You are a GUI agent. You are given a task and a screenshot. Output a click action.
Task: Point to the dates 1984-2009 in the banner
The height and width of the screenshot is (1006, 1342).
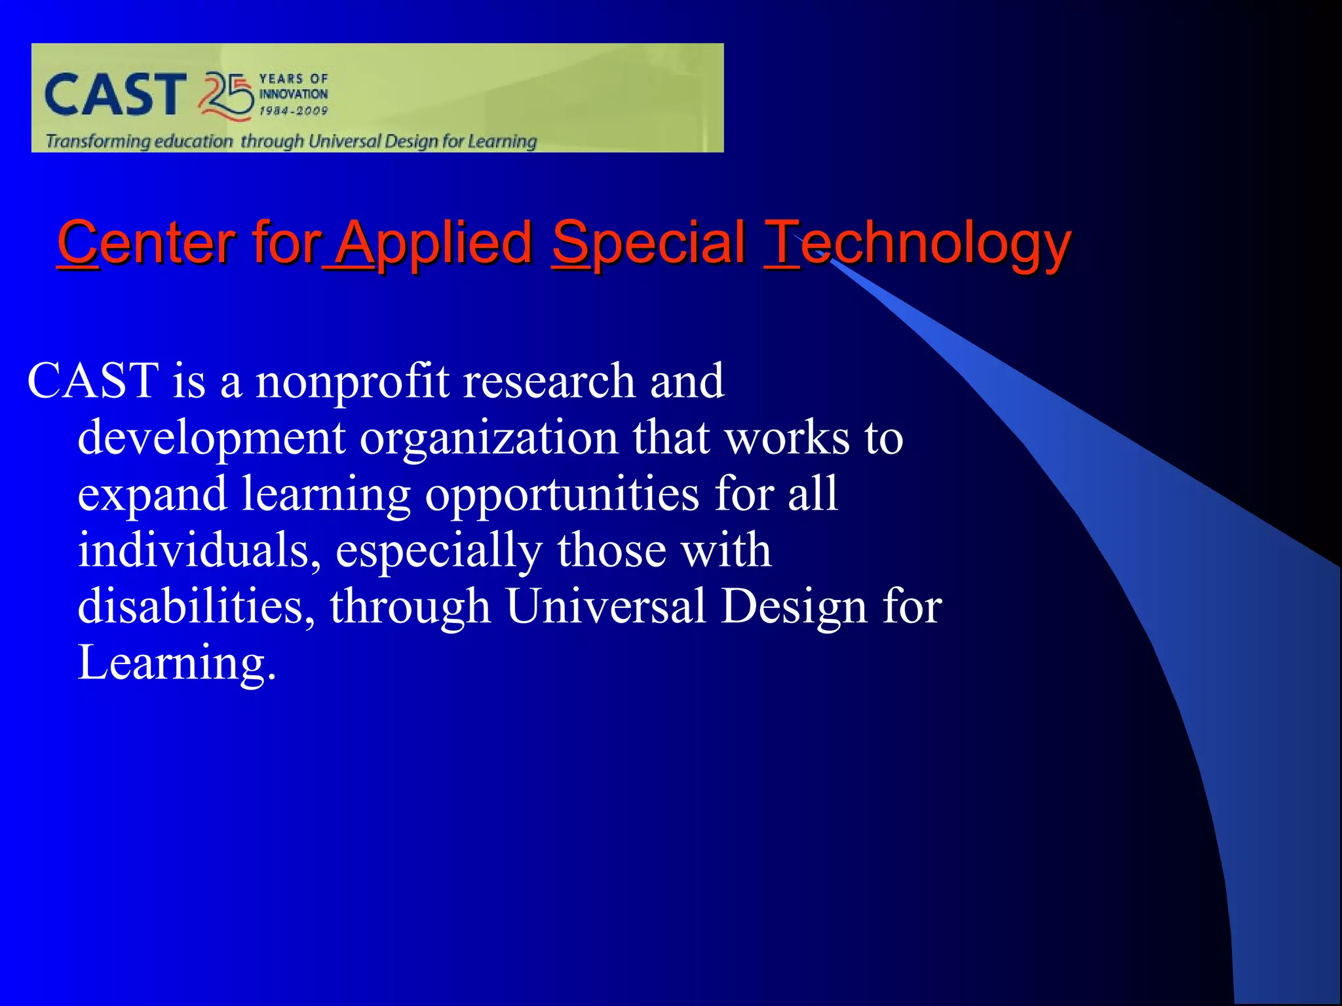pyautogui.click(x=293, y=111)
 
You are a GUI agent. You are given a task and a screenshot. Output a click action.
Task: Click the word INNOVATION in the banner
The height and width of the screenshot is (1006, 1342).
pyautogui.click(x=293, y=94)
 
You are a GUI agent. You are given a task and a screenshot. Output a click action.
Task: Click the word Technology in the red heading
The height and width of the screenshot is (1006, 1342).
pyautogui.click(x=917, y=244)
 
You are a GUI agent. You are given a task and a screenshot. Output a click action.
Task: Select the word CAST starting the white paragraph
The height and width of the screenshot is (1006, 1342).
pyautogui.click(x=92, y=381)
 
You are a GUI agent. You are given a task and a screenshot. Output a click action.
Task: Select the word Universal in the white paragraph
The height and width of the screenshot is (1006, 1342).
pyautogui.click(x=605, y=606)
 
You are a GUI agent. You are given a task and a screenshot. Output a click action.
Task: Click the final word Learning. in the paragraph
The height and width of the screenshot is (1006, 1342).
pyautogui.click(x=176, y=663)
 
